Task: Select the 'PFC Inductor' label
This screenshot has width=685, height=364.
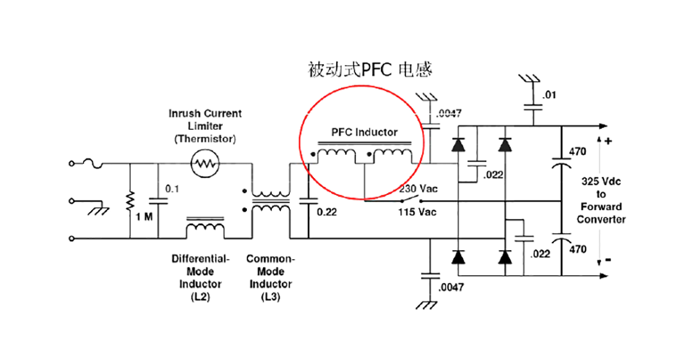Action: [364, 132]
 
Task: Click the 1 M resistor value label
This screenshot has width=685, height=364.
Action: [145, 217]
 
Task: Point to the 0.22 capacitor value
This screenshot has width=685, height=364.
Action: [328, 210]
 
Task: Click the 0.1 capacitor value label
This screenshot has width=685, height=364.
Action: [172, 190]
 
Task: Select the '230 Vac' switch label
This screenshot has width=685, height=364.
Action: [418, 189]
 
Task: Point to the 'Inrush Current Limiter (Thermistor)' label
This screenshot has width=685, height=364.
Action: [205, 126]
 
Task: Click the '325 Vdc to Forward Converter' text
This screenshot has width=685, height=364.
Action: [601, 200]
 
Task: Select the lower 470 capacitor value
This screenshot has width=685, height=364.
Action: [578, 249]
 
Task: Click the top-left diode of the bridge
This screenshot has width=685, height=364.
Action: [458, 145]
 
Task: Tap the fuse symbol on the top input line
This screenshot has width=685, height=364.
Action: [96, 165]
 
